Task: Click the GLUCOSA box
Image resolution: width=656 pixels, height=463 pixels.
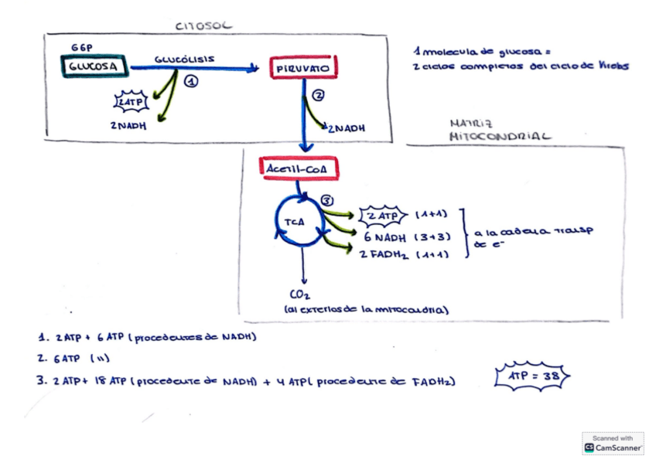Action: coord(94,67)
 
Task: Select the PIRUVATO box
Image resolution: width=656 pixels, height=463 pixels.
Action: coord(303,69)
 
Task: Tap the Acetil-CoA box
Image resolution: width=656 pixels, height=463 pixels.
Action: coord(300,168)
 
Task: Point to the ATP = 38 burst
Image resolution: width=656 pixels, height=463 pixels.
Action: coord(532,376)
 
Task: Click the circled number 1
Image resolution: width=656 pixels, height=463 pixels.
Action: coord(192,80)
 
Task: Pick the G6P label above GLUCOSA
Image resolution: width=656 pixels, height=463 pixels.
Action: coord(81,48)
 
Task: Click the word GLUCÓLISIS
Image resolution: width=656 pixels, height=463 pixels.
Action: coord(184,59)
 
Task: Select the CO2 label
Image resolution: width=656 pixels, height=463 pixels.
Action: coord(300,294)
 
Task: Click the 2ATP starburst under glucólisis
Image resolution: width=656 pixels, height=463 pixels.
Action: coord(131,101)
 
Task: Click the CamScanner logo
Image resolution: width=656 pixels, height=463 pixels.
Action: coord(613,444)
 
